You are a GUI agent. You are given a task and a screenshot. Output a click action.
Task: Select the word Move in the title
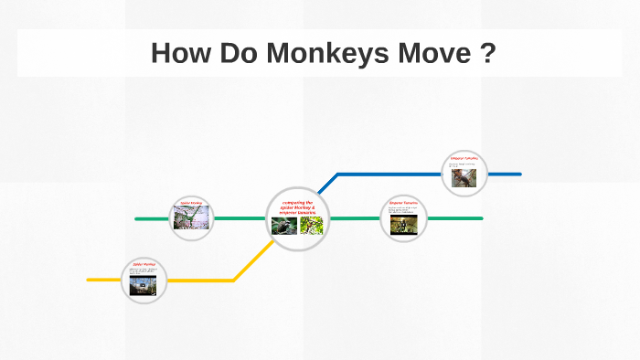[x=432, y=53]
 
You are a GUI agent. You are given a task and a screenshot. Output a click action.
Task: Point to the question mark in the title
[x=488, y=53]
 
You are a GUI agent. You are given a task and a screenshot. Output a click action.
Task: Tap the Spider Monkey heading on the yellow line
[x=144, y=265]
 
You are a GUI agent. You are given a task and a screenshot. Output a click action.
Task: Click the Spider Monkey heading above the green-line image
[x=192, y=203]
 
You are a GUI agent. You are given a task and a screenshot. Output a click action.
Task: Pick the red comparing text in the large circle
[x=298, y=207]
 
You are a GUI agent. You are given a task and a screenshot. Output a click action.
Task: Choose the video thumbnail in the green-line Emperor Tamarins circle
[x=404, y=224]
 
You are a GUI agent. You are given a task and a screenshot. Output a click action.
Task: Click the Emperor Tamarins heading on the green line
[x=404, y=203]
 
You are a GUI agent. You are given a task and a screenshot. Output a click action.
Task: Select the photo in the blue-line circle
[x=464, y=177]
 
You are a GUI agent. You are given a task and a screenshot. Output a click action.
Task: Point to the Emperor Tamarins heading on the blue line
[x=464, y=158]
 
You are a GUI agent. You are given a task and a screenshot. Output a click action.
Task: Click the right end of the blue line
[x=519, y=174]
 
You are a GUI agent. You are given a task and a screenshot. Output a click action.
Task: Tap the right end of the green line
[x=481, y=219]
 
